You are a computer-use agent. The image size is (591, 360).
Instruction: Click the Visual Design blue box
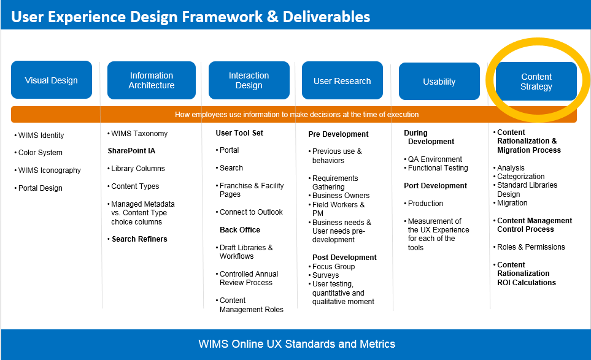[x=52, y=80]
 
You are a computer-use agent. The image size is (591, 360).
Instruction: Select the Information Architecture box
[x=152, y=80]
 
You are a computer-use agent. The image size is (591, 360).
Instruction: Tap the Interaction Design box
[x=249, y=80]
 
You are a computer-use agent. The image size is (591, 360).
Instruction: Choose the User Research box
[x=342, y=81]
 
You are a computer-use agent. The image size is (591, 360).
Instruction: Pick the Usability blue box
[x=439, y=82]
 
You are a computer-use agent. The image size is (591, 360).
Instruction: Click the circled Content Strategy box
[x=536, y=82]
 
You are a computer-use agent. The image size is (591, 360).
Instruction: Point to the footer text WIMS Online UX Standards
[x=296, y=343]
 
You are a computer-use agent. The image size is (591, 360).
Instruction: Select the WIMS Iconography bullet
[x=49, y=170]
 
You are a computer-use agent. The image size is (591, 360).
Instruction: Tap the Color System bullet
[x=40, y=153]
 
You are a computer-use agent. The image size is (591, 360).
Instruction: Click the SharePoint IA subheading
[x=131, y=151]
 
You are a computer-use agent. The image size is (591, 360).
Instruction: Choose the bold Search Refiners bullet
[x=139, y=239]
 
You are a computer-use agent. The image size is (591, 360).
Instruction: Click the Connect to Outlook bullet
[x=251, y=212]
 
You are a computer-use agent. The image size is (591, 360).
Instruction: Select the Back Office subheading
[x=240, y=230]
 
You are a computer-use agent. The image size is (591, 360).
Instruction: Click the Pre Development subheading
[x=338, y=134]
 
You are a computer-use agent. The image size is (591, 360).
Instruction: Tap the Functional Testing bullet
[x=438, y=168]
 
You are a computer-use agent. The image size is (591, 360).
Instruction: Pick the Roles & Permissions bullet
[x=531, y=247]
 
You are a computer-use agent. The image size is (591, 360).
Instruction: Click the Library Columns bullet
[x=137, y=169]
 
